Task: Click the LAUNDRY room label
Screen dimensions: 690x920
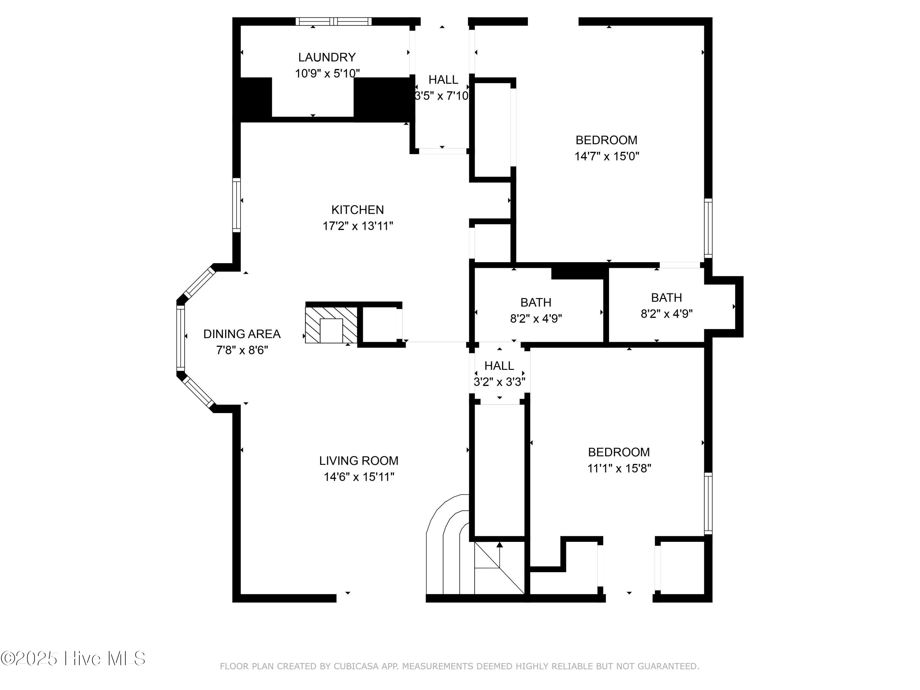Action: pos(327,57)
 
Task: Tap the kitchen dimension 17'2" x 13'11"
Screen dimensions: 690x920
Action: pos(358,226)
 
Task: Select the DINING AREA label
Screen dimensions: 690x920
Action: pos(242,334)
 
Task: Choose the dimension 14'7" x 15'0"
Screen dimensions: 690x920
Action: pos(606,156)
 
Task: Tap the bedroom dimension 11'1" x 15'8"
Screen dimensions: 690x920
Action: pos(619,468)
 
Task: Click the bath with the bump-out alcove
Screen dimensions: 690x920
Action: pos(666,298)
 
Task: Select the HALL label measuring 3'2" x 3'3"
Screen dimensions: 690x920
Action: pos(499,366)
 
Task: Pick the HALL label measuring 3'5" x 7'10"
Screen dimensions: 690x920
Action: pos(443,79)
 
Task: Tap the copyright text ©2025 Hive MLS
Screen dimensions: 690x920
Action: pos(73,658)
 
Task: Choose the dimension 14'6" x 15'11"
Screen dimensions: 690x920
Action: pos(358,477)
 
